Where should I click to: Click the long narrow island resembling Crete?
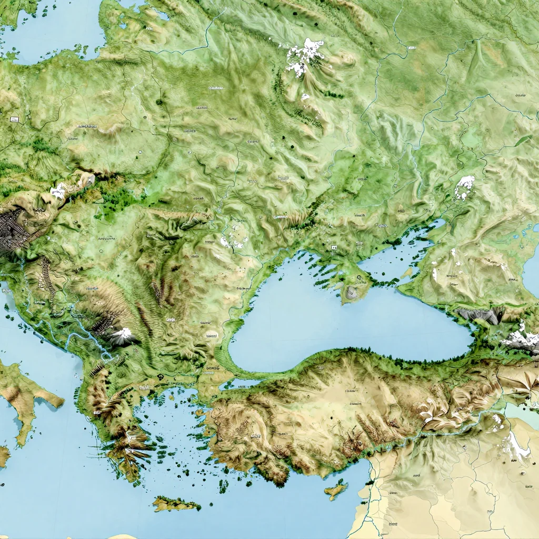pyautogui.click(x=176, y=504)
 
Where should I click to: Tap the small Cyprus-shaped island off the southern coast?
pyautogui.click(x=336, y=490)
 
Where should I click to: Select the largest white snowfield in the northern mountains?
pyautogui.click(x=304, y=57)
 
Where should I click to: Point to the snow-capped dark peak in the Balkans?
pyautogui.click(x=122, y=335)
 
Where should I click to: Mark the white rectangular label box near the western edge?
pyautogui.click(x=13, y=120)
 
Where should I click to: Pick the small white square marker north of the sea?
pyautogui.click(x=334, y=247)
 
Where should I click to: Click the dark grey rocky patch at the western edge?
pyautogui.click(x=13, y=232)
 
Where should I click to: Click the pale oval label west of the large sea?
pyautogui.click(x=212, y=335)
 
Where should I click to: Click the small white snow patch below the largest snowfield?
pyautogui.click(x=305, y=96)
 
